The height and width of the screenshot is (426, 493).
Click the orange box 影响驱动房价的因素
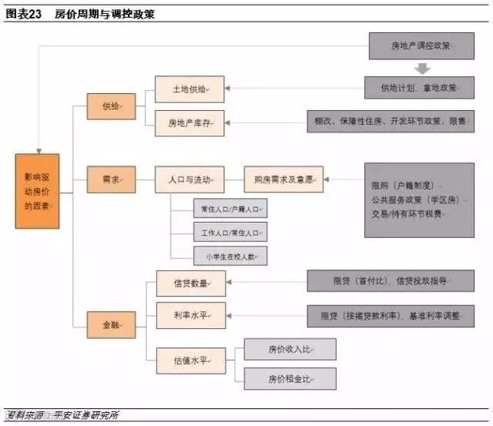point(37,190)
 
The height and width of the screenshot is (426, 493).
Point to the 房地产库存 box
point(189,122)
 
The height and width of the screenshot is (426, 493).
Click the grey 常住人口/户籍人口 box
point(230,208)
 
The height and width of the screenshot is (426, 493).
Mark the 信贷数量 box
point(191,283)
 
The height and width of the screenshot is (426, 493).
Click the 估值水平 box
point(191,359)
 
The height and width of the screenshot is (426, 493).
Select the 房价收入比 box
point(290,349)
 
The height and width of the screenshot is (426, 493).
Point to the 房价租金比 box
point(290,378)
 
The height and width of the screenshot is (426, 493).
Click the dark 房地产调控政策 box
point(421,46)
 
